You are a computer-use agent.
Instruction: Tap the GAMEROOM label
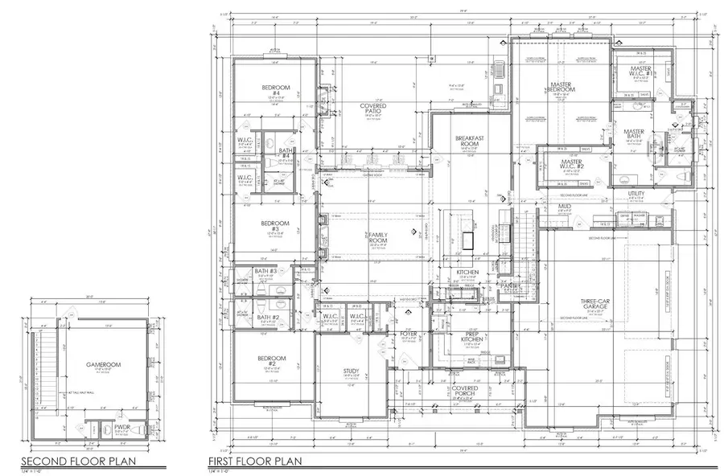102,364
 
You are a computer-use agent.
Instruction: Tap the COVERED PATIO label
372,109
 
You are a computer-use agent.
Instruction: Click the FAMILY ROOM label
377,238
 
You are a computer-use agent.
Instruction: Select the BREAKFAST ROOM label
467,140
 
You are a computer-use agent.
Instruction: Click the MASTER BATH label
634,134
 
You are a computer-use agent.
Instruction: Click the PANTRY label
509,285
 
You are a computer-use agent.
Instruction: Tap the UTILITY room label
636,193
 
